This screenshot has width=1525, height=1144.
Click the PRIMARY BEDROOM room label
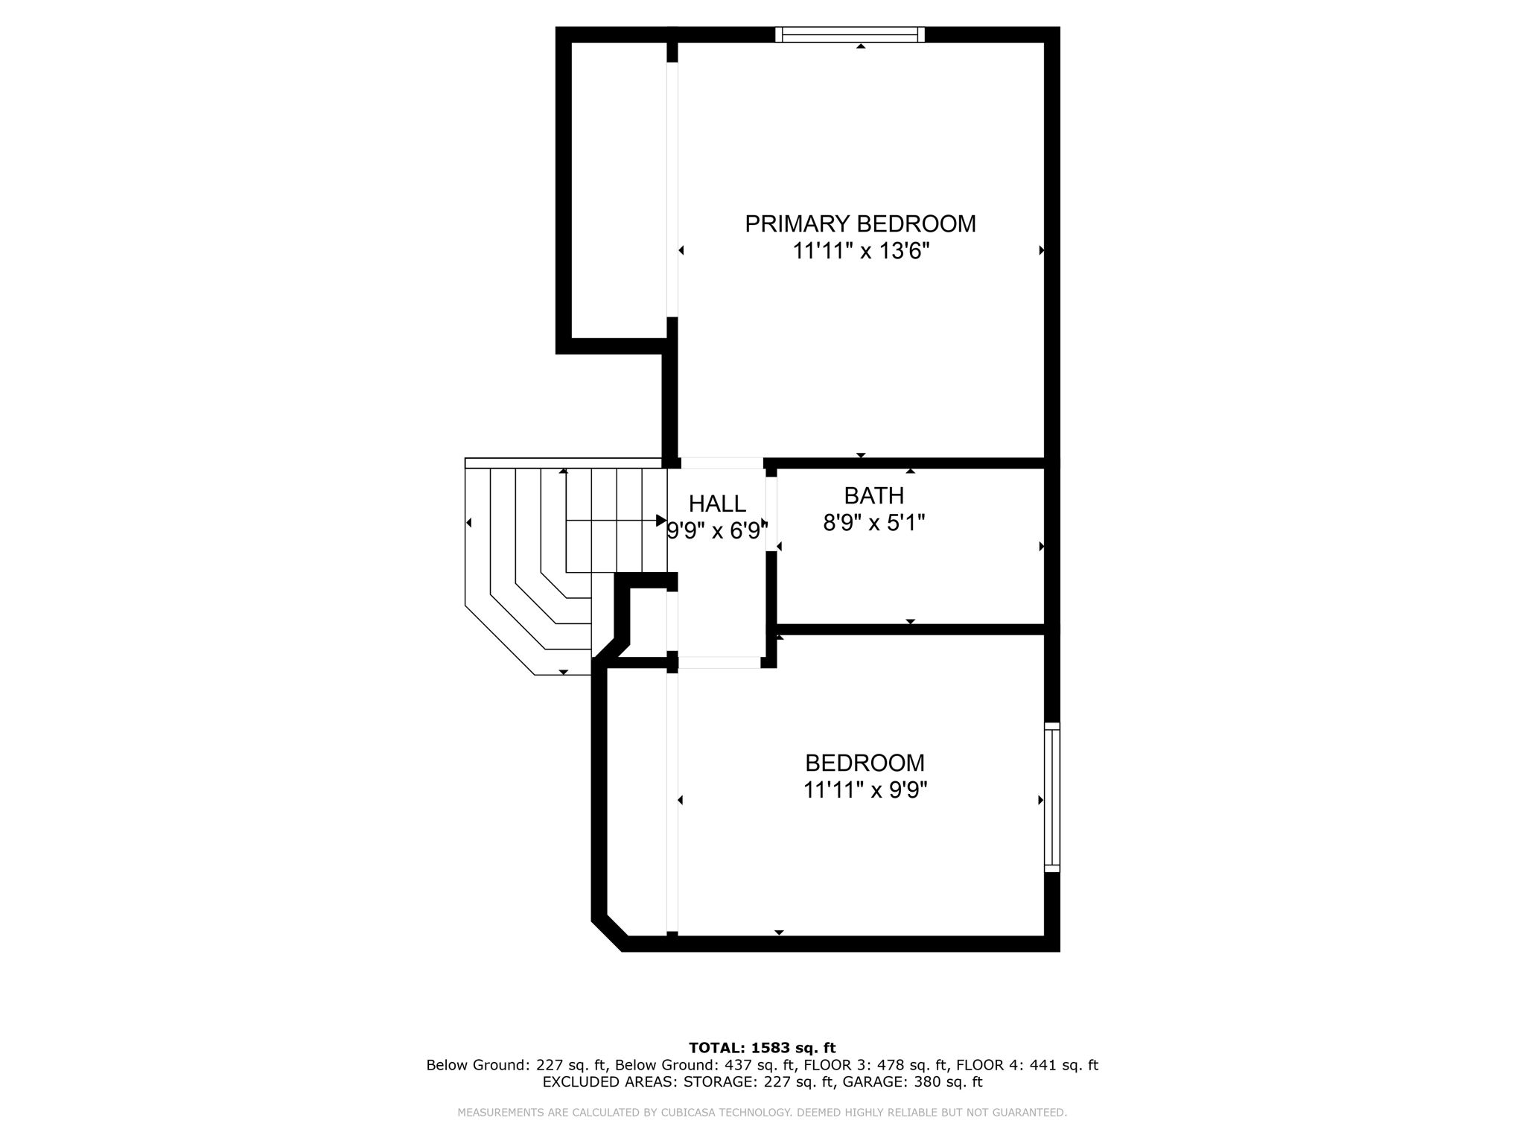coord(860,223)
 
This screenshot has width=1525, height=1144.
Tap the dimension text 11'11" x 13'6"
coord(861,252)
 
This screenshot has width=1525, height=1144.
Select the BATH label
coord(873,495)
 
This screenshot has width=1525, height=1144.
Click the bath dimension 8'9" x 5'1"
coord(873,523)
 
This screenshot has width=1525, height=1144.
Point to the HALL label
coord(716,504)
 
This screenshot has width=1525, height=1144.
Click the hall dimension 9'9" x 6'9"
coord(716,531)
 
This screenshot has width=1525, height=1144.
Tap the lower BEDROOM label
coord(865,763)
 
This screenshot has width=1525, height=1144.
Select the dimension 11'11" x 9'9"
coord(865,790)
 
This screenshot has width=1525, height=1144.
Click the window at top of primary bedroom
coord(850,34)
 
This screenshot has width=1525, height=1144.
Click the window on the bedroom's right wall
coord(1051,797)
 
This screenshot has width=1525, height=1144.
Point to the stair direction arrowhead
coord(660,520)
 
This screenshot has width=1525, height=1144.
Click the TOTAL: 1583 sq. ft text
coord(762,1048)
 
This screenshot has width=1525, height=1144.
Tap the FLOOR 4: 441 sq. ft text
coord(1027,1065)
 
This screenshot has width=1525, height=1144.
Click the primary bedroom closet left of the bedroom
coord(618,190)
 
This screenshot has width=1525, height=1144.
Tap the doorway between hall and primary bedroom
coord(722,463)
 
